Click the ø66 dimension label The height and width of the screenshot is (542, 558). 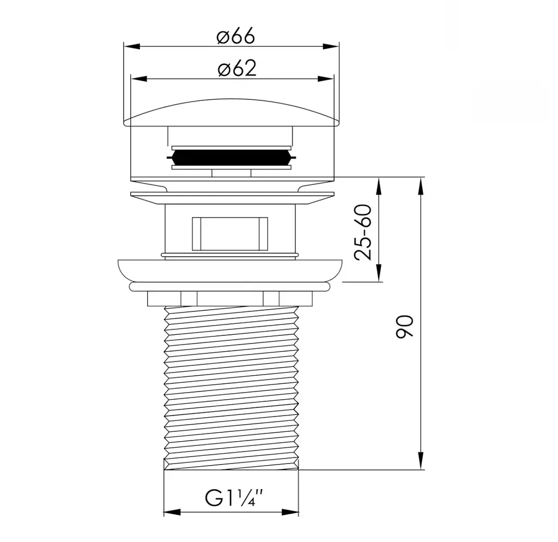pyautogui.click(x=236, y=37)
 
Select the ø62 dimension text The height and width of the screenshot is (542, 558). pyautogui.click(x=237, y=68)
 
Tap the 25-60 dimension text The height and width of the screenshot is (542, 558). pyautogui.click(x=363, y=232)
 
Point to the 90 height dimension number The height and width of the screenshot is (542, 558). pyautogui.click(x=405, y=326)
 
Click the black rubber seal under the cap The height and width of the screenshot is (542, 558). pyautogui.click(x=231, y=158)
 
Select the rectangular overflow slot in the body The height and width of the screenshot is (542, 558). pyautogui.click(x=230, y=233)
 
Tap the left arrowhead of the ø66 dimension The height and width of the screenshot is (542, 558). pyautogui.click(x=131, y=46)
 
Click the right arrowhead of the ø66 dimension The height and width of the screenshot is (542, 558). pyautogui.click(x=331, y=46)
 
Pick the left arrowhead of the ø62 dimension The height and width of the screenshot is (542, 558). pyautogui.click(x=139, y=79)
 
